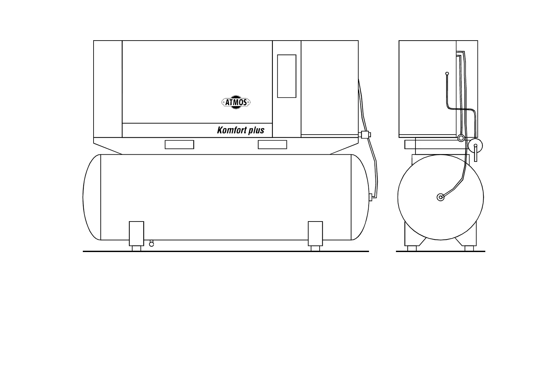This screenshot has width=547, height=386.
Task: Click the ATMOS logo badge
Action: click(236, 103)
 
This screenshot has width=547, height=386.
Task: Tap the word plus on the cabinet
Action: click(257, 131)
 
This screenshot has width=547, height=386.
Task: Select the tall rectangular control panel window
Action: click(286, 76)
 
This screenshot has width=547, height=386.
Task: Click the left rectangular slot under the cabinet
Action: click(179, 145)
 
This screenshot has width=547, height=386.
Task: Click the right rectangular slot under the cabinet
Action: click(272, 145)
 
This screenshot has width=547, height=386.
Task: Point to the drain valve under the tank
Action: click(151, 244)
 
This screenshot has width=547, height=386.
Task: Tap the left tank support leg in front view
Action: click(136, 234)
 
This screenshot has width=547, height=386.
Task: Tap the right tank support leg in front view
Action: click(315, 234)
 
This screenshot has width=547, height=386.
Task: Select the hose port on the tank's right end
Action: click(370, 197)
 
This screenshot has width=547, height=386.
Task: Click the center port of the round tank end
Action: click(440, 197)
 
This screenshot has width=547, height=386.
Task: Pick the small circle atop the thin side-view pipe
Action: click(447, 74)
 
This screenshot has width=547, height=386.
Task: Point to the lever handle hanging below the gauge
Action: click(476, 154)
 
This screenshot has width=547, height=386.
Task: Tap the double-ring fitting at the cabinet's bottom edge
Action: click(461, 139)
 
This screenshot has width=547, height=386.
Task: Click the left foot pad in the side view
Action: click(412, 248)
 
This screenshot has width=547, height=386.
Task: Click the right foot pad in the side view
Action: click(469, 248)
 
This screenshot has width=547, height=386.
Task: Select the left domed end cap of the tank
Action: click(92, 197)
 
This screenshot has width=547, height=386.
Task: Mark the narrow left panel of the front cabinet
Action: click(108, 89)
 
